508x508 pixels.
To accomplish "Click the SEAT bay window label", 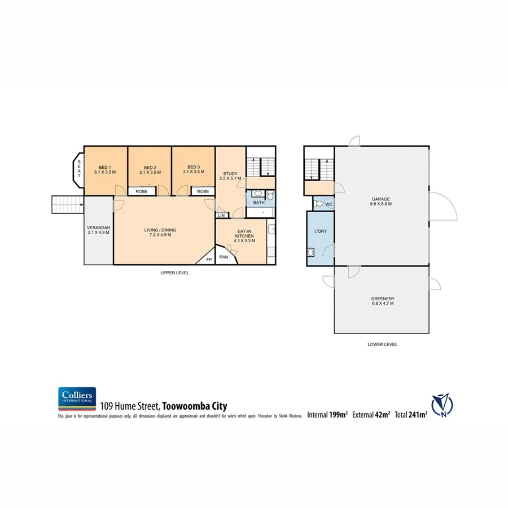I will pyautogui.click(x=79, y=169).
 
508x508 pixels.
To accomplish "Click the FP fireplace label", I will pyautogui.click(x=208, y=260).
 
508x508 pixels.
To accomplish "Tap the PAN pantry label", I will pyautogui.click(x=224, y=256).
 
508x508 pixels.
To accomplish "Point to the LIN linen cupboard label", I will pyautogui.click(x=221, y=216).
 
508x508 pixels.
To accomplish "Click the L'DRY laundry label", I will pyautogui.click(x=319, y=231).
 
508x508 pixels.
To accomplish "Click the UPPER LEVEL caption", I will pyautogui.click(x=174, y=273).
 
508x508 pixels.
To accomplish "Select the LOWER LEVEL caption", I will pyautogui.click(x=382, y=344).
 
